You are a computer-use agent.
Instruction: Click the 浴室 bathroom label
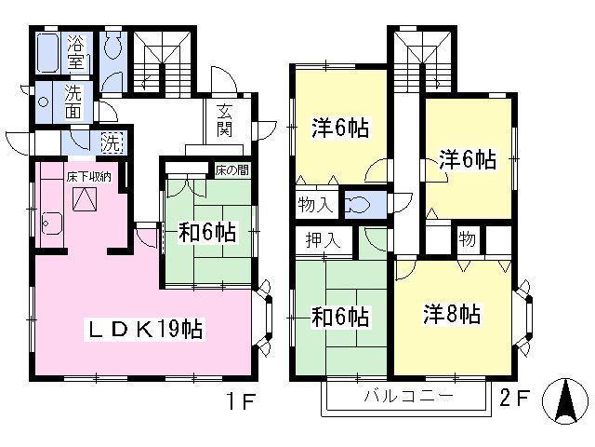pyautogui.click(x=76, y=53)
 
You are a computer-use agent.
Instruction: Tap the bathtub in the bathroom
pyautogui.click(x=48, y=53)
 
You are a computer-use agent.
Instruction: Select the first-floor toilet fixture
pyautogui.click(x=112, y=45)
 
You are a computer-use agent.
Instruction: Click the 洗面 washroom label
pyautogui.click(x=73, y=102)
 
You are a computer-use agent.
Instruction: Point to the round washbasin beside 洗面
pyautogui.click(x=44, y=102)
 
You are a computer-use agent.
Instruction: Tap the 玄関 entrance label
pyautogui.click(x=225, y=120)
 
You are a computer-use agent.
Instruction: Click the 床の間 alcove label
pyautogui.click(x=231, y=169)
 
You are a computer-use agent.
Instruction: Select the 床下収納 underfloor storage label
pyautogui.click(x=89, y=177)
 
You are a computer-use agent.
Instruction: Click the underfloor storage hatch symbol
pyautogui.click(x=85, y=198)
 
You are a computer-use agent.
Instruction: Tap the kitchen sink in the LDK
pyautogui.click(x=52, y=223)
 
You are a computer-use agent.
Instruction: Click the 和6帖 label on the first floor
pyautogui.click(x=207, y=232)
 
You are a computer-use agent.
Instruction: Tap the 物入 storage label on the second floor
pyautogui.click(x=316, y=205)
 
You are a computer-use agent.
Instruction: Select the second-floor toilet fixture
pyautogui.click(x=357, y=205)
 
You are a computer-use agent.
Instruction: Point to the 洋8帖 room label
pyautogui.click(x=452, y=314)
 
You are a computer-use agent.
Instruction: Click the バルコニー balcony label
pyautogui.click(x=409, y=396)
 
